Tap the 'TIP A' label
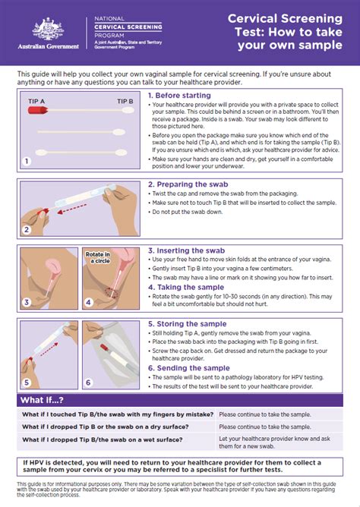coord(36,100)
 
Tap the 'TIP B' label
coord(125,100)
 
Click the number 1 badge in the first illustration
coord(26,161)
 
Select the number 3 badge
coord(26,302)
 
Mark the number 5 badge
coord(26,383)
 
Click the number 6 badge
coord(87,383)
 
